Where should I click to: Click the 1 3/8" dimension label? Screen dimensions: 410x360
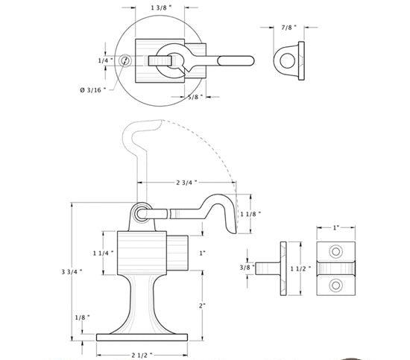(x=161, y=7)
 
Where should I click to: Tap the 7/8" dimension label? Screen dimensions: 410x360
(x=289, y=27)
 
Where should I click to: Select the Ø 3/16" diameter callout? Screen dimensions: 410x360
(x=93, y=90)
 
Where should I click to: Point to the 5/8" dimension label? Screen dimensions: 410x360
(x=195, y=97)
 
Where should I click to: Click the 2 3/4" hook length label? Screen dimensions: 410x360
(x=186, y=182)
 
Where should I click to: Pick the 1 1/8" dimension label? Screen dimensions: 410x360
(x=250, y=214)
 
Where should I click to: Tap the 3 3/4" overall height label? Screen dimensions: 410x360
(x=72, y=272)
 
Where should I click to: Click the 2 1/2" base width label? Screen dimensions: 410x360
(x=142, y=355)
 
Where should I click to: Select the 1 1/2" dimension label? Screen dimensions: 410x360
(x=300, y=268)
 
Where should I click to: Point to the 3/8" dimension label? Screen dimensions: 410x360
(x=247, y=267)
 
